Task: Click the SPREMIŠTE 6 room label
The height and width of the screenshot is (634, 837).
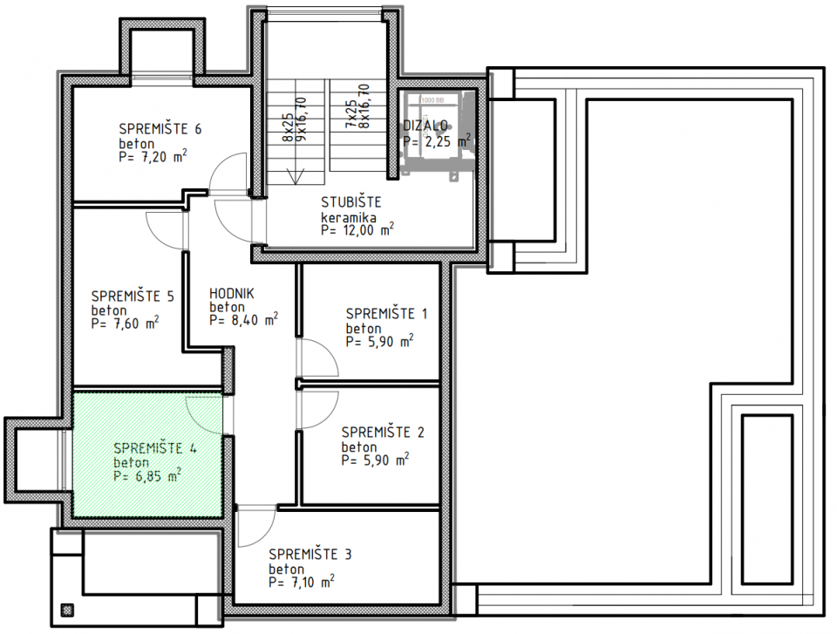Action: pos(160,129)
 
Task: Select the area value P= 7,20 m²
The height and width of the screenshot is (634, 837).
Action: pos(153,158)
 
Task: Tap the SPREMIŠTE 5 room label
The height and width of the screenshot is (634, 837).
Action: pos(132,296)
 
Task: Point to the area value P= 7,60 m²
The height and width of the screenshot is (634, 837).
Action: pos(125,324)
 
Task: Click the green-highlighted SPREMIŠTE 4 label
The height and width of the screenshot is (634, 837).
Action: pos(154,448)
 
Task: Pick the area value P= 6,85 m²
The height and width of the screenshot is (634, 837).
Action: pos(147,476)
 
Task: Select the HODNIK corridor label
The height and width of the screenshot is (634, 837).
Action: pos(231,294)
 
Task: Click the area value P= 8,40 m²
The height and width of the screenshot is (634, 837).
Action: pos(243,320)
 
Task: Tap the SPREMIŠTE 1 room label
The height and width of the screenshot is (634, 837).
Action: pos(386,313)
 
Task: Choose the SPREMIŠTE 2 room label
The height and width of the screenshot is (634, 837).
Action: pos(382,432)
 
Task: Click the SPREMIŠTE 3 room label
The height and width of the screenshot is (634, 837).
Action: pos(310,554)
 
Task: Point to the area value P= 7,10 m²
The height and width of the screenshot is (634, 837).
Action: pos(303,581)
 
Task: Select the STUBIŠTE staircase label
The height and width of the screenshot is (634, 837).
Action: pos(351,202)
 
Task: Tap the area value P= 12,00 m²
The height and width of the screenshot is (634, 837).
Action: pos(357,230)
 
